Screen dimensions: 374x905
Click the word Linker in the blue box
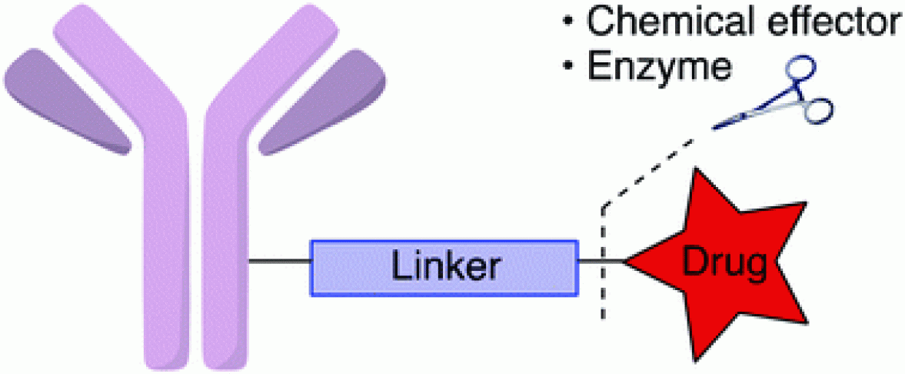pyautogui.click(x=444, y=266)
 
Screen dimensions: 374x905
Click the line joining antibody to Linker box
pyautogui.click(x=279, y=264)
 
